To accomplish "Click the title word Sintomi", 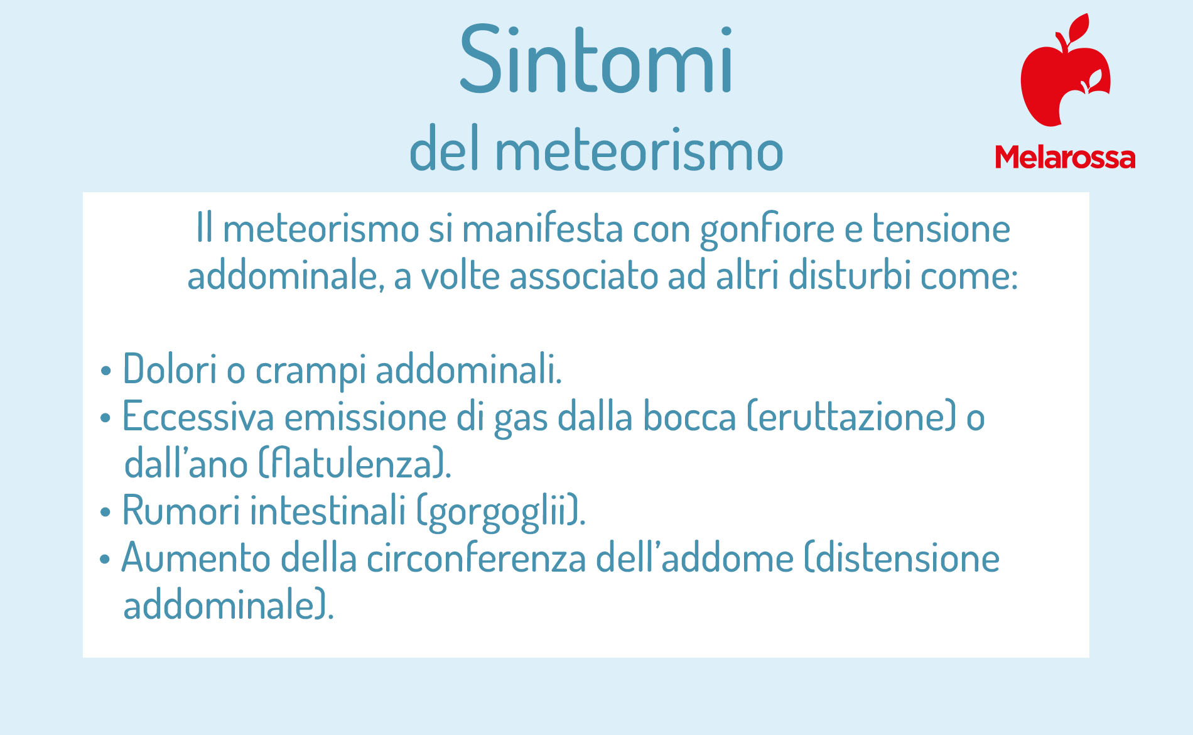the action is point(596,60).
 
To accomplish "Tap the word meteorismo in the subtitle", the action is point(639,150).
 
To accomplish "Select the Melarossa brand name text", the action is point(1065,157).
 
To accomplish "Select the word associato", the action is point(583,276).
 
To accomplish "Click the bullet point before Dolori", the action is point(105,371).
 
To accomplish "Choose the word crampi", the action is point(311,371).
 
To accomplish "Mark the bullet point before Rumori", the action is point(105,512).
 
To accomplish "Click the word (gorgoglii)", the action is point(501,512).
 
